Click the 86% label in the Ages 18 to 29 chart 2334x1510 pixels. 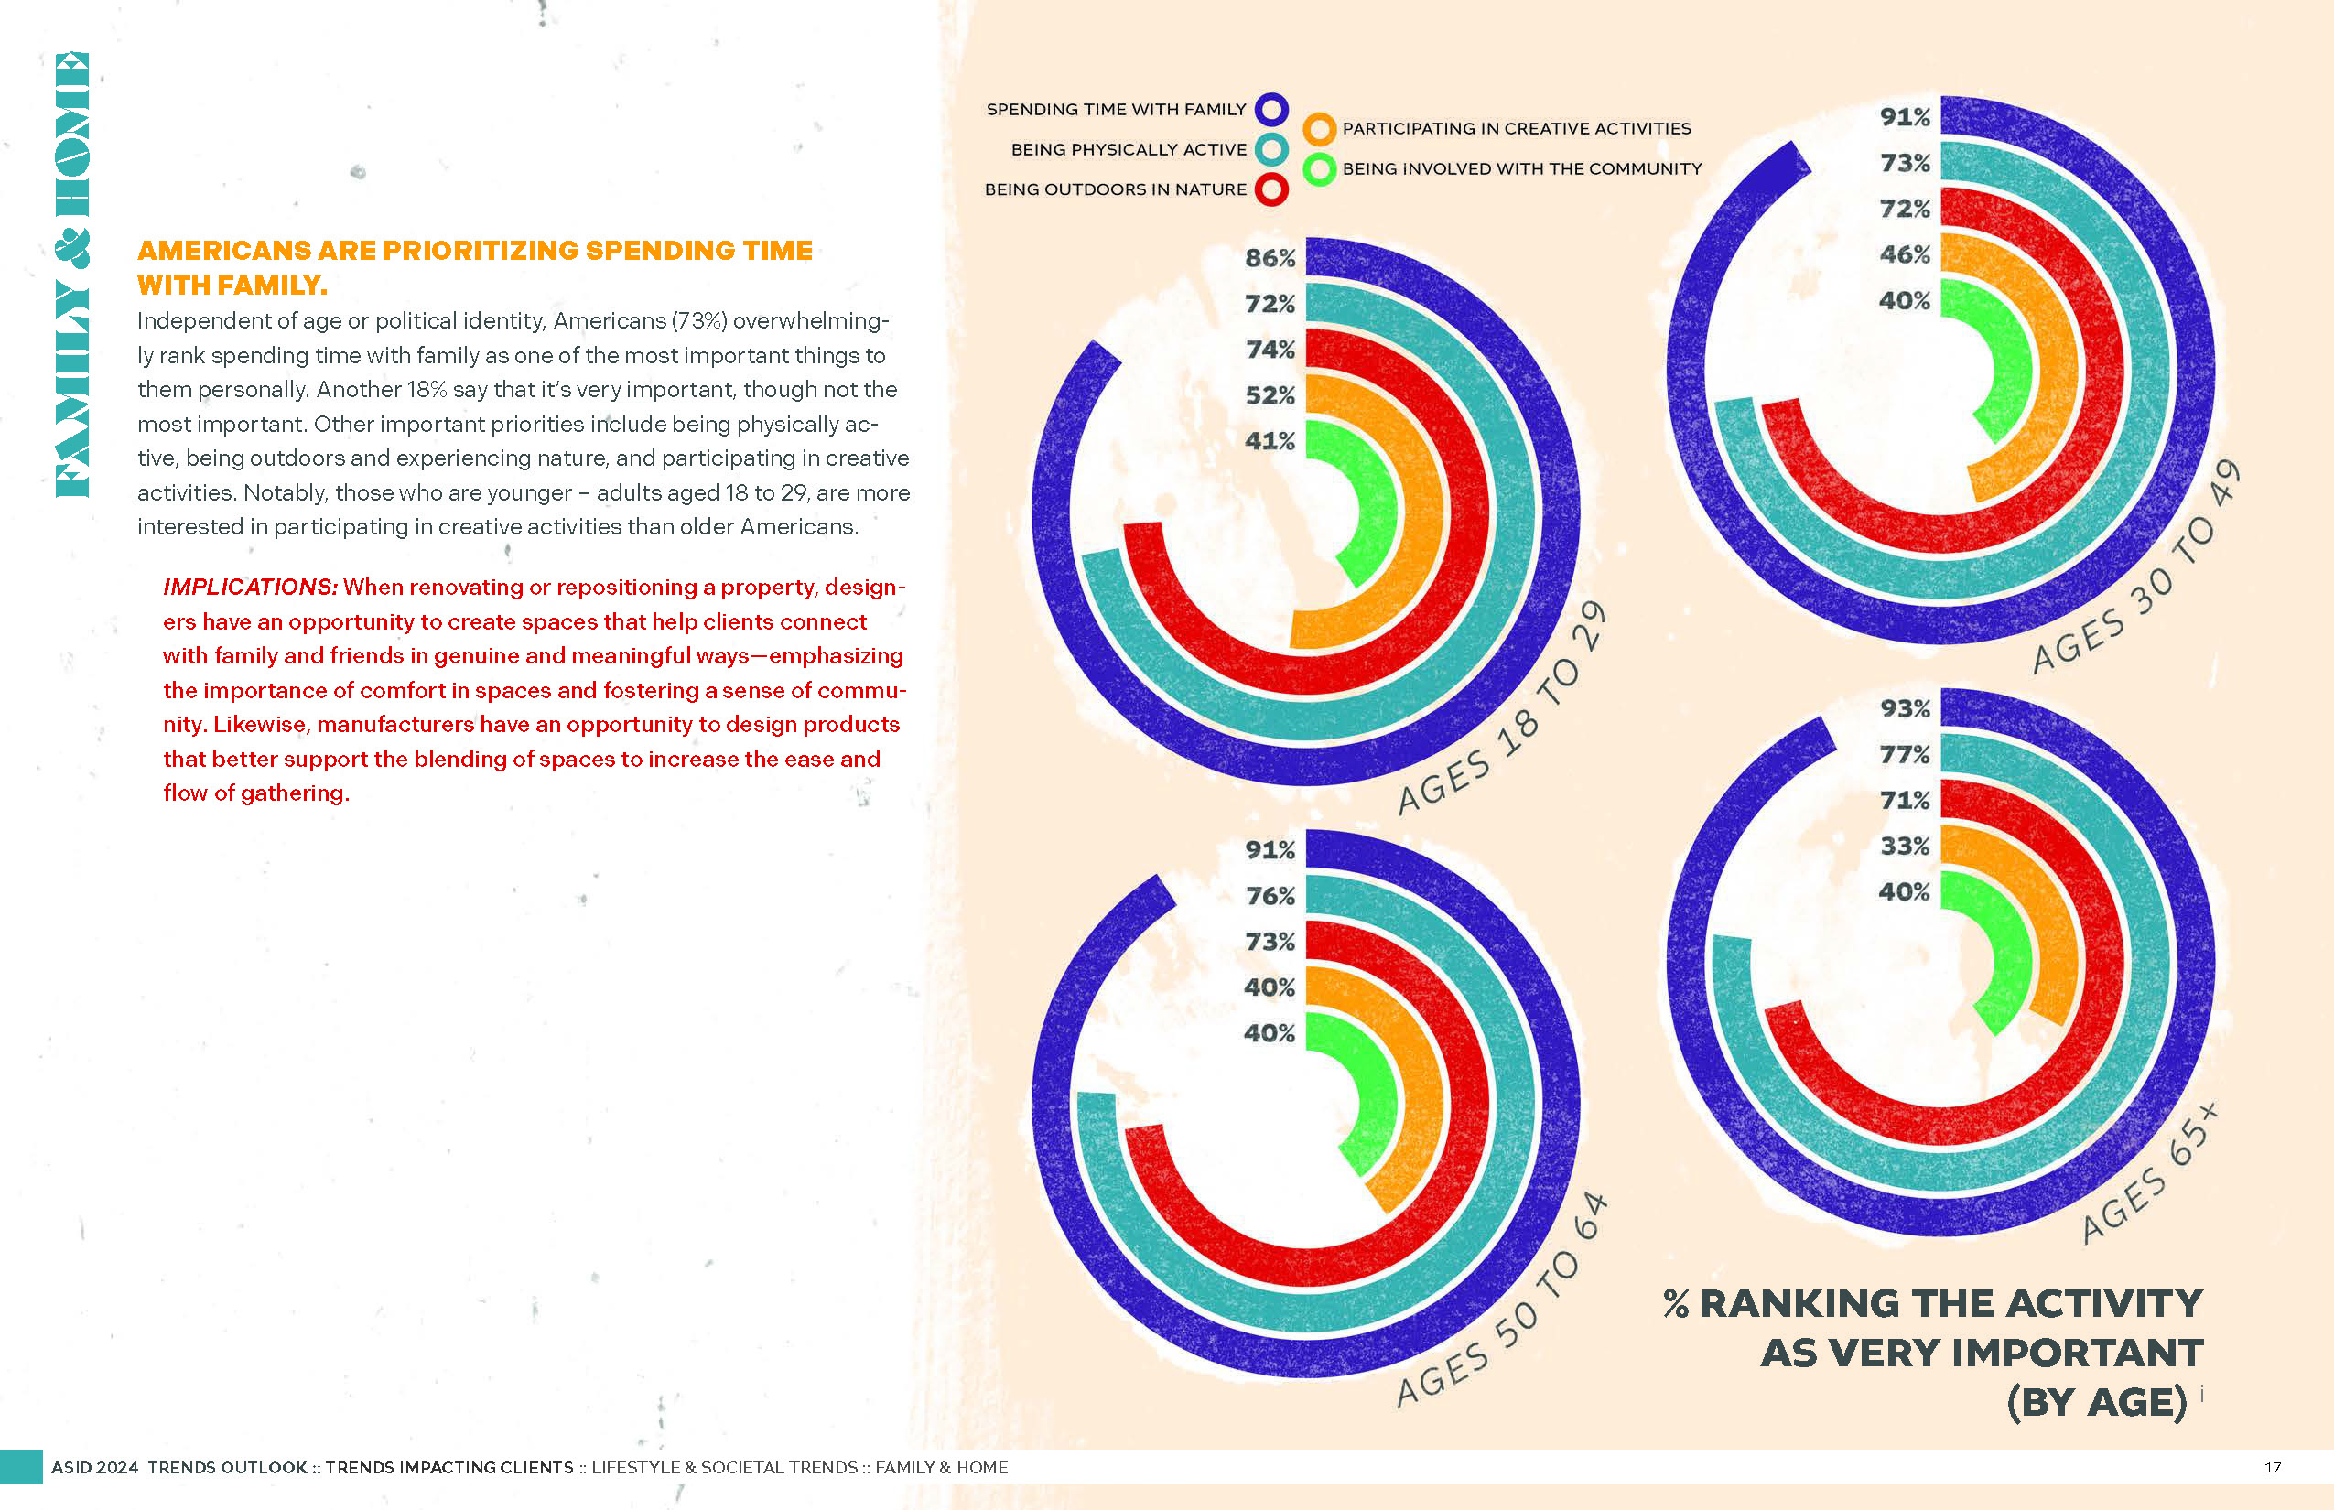pyautogui.click(x=1270, y=258)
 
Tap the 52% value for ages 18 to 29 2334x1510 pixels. pyautogui.click(x=1270, y=395)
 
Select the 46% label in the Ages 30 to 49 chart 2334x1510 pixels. pyautogui.click(x=1905, y=254)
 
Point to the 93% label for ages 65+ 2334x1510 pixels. pyautogui.click(x=1905, y=708)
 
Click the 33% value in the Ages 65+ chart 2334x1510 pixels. pyautogui.click(x=1905, y=846)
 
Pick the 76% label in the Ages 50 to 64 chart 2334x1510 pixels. pyautogui.click(x=1270, y=895)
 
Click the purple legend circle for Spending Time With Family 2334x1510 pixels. pyautogui.click(x=1271, y=109)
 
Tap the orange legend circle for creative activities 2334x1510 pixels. pyautogui.click(x=1320, y=128)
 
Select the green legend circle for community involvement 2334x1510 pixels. pyautogui.click(x=1320, y=168)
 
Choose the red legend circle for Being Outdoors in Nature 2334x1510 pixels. pyautogui.click(x=1271, y=189)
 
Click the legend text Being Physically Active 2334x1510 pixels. pyautogui.click(x=1129, y=149)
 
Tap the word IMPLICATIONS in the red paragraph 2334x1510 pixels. pyautogui.click(x=250, y=587)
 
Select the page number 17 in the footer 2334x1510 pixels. pyautogui.click(x=2272, y=1468)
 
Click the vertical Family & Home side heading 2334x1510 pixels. pyautogui.click(x=72, y=275)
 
